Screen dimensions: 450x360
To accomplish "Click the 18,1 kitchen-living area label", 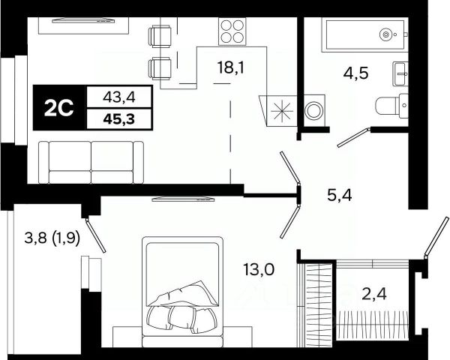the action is (x=231, y=68).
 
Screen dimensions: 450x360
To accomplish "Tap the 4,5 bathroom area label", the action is (x=355, y=73).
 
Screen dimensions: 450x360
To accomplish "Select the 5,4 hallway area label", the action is (x=340, y=196).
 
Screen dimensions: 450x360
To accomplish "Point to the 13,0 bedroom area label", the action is (x=259, y=269).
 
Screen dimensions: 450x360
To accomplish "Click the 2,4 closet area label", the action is (x=374, y=295).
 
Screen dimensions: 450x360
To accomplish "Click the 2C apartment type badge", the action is (x=60, y=108).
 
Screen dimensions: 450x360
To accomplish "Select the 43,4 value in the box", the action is (x=119, y=97).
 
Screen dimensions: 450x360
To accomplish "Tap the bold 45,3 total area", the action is (x=119, y=118).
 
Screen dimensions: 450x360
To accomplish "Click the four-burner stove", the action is (x=232, y=31).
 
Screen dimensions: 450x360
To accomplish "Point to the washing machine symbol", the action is (x=314, y=110).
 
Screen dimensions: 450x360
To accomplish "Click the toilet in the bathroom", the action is (x=391, y=105).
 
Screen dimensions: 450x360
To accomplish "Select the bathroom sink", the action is (x=400, y=73).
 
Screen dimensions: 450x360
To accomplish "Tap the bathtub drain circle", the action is (x=385, y=34).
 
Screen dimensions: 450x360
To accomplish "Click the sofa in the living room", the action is (x=91, y=162).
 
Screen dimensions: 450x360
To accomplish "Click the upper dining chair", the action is (x=160, y=36).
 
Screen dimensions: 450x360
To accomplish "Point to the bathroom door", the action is (x=353, y=138).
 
